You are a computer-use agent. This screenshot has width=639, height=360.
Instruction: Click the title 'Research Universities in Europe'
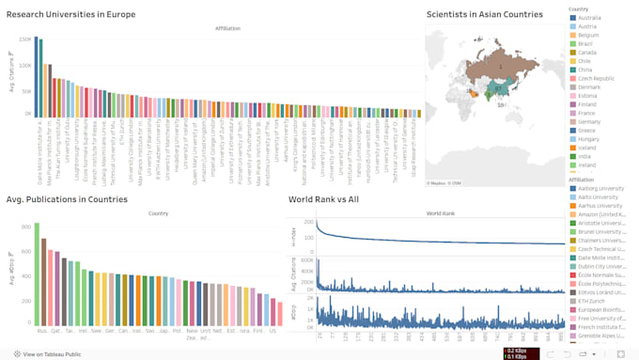pyautogui.click(x=70, y=14)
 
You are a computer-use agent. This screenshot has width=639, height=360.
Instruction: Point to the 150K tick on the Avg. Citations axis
pyautogui.click(x=23, y=41)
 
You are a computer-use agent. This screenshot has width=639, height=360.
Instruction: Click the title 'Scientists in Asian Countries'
pyautogui.click(x=484, y=14)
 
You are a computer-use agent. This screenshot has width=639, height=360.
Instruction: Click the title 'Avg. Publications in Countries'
pyautogui.click(x=66, y=199)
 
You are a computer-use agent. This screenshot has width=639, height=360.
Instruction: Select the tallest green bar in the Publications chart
pyautogui.click(x=37, y=273)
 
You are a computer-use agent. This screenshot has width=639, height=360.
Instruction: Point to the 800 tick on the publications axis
pyautogui.click(x=24, y=227)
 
